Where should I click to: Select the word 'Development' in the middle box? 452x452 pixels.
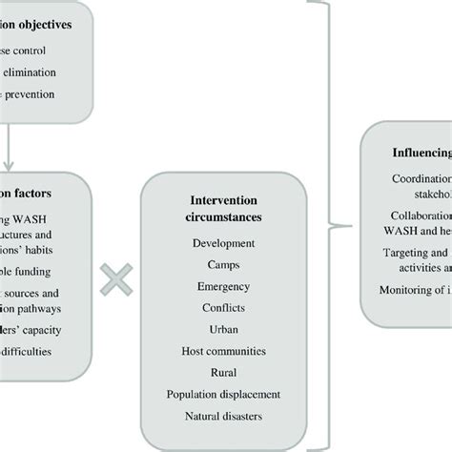223,244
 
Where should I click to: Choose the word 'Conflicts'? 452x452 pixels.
223,307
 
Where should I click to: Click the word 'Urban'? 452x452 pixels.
223,329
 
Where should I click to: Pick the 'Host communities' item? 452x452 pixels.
223,351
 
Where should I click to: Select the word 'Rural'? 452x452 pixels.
223,373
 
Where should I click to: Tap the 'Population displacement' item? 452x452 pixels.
223,394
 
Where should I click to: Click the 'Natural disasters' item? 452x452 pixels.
223,416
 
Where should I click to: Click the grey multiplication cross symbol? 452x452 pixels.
115,279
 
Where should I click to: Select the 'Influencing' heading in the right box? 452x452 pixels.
421,151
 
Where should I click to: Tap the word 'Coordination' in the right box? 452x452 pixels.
421,178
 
